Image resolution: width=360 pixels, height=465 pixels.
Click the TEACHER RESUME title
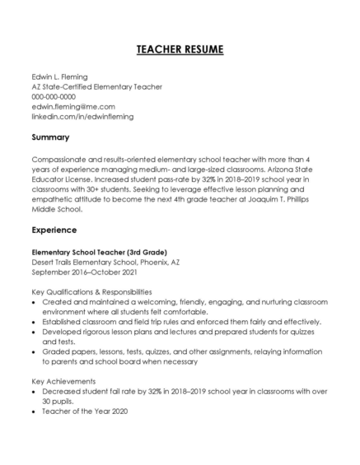click(180, 50)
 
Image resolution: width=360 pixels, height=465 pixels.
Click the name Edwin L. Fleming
click(59, 77)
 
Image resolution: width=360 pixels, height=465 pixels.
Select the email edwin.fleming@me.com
click(73, 106)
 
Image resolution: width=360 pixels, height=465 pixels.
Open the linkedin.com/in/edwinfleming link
click(82, 116)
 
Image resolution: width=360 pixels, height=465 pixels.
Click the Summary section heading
click(50, 137)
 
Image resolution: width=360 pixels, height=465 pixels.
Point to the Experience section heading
click(54, 230)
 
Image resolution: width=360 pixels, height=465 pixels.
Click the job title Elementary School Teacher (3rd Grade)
click(99, 251)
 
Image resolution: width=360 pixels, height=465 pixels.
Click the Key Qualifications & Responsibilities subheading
click(91, 291)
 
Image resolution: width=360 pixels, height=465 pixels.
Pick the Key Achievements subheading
click(63, 381)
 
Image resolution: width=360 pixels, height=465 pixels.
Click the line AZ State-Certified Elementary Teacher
click(96, 86)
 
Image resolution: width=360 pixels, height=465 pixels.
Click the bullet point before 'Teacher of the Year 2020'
click(35, 412)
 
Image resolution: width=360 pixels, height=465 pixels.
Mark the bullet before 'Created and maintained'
click(35, 302)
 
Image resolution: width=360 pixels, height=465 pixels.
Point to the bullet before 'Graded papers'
click(35, 351)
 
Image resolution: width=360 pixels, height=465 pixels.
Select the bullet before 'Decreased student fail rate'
click(35, 392)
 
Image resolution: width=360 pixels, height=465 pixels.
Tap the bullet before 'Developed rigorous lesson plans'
click(35, 332)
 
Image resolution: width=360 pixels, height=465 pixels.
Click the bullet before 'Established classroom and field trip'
click(35, 322)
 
